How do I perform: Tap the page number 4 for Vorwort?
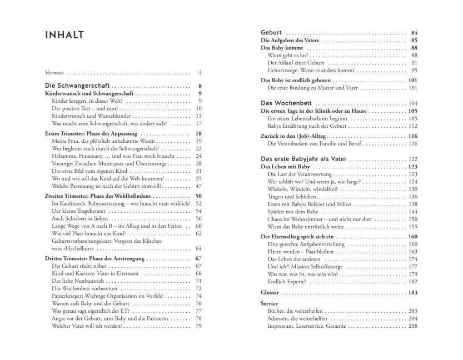[x=200, y=73]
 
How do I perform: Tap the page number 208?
[x=412, y=326]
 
